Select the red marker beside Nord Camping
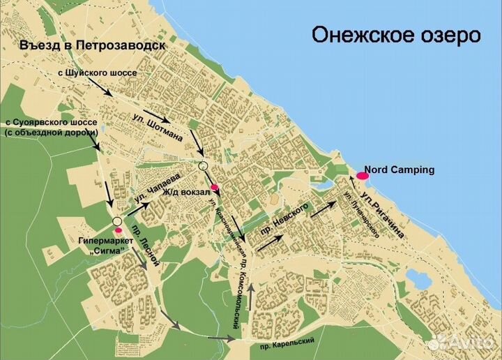pos(362,177)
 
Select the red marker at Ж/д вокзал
pos(215,187)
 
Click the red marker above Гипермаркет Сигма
pos(118,230)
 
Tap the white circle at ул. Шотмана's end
pos(203,166)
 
